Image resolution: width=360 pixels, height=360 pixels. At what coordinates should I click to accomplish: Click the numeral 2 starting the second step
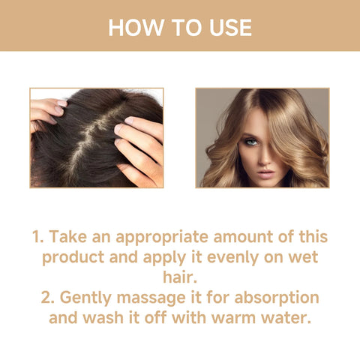[46, 296]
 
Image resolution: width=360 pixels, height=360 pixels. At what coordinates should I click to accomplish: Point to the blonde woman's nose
[262, 156]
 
